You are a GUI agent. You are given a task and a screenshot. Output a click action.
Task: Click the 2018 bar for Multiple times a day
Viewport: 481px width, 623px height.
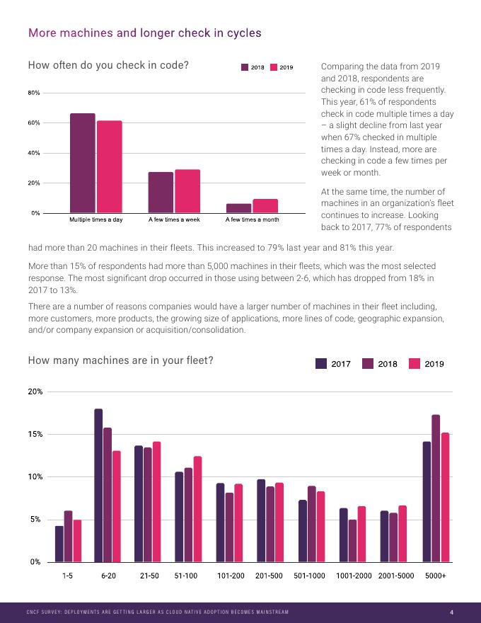pyautogui.click(x=82, y=163)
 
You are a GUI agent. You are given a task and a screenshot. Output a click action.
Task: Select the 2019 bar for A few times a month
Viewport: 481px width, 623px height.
pyautogui.click(x=265, y=206)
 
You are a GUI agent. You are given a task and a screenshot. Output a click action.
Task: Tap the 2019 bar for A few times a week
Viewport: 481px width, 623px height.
pyautogui.click(x=187, y=191)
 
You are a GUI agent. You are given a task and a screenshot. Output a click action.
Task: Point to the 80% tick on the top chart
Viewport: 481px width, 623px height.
pyautogui.click(x=34, y=93)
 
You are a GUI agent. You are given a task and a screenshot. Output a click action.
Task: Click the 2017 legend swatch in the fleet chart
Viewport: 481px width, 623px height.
pyautogui.click(x=321, y=364)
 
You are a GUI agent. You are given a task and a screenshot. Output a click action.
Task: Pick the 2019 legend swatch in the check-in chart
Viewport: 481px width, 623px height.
pyautogui.click(x=274, y=67)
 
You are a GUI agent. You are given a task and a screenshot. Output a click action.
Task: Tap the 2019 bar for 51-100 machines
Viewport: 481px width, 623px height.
pyautogui.click(x=197, y=509)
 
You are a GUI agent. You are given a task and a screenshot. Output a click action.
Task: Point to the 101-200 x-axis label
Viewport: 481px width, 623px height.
pyautogui.click(x=231, y=576)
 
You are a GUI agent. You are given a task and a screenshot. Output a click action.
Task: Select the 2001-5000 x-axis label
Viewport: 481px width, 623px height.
pyautogui.click(x=396, y=576)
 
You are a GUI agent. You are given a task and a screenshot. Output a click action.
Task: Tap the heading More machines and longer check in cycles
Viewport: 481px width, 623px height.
pyautogui.click(x=144, y=33)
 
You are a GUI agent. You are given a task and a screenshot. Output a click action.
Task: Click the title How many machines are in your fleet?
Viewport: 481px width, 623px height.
pyautogui.click(x=120, y=360)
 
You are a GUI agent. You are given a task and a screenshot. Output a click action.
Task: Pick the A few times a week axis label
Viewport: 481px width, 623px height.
pyautogui.click(x=174, y=220)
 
